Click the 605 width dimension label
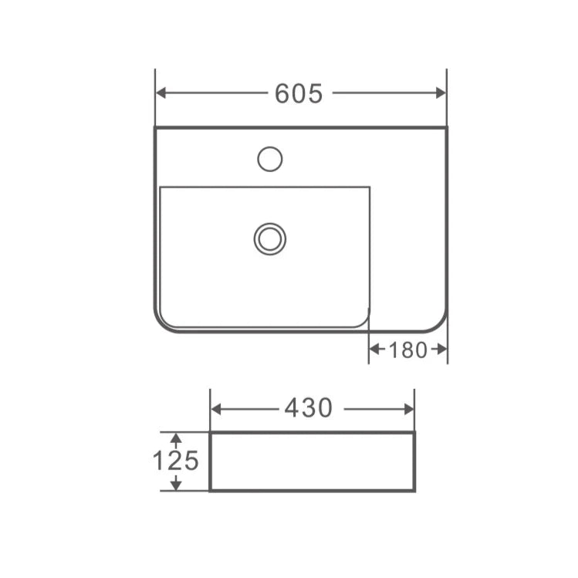pyautogui.click(x=299, y=93)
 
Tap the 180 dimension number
pyautogui.click(x=407, y=350)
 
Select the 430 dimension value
pyautogui.click(x=308, y=408)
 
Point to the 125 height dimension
pyautogui.click(x=175, y=461)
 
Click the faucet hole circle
pyautogui.click(x=269, y=159)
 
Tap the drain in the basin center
pyautogui.click(x=269, y=238)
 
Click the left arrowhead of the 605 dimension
pyautogui.click(x=161, y=93)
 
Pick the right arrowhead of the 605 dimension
pyautogui.click(x=441, y=93)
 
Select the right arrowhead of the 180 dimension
pyautogui.click(x=442, y=350)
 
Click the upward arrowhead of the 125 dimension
pyautogui.click(x=176, y=438)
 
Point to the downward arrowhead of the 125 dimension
pyautogui.click(x=176, y=485)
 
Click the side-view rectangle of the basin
pyautogui.click(x=312, y=461)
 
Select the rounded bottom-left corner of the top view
pyautogui.click(x=163, y=323)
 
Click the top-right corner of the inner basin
pyautogui.click(x=369, y=188)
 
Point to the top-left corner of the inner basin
pyautogui.click(x=161, y=188)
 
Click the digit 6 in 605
pyautogui.click(x=282, y=93)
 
